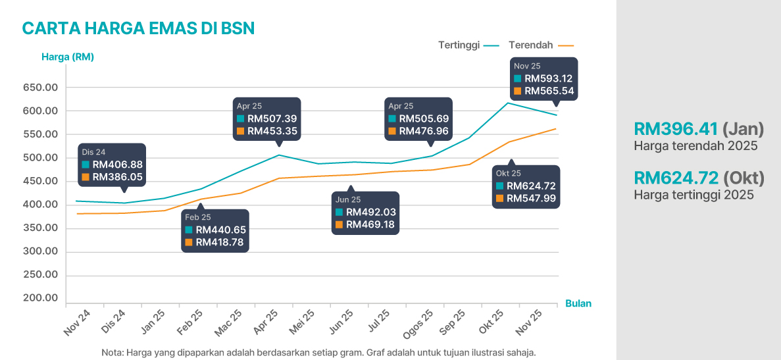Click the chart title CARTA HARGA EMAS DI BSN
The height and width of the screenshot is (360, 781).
coord(138,28)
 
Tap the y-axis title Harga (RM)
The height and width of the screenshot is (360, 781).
coord(67,57)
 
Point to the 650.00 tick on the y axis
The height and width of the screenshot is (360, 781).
coord(41,88)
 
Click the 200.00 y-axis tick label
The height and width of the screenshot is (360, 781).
coord(41,298)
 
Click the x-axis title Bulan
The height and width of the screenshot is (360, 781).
coord(578,303)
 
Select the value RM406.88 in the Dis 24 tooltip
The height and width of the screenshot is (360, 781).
coord(117,165)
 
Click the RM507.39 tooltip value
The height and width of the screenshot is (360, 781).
coord(272,118)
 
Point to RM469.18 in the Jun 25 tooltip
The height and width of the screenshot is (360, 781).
coord(370,224)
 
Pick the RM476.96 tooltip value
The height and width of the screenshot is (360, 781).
coord(424,131)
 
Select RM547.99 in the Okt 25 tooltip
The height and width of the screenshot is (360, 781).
coord(531,198)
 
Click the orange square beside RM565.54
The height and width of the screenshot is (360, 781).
coord(518,91)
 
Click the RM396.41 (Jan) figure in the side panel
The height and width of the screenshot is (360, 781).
coord(698,129)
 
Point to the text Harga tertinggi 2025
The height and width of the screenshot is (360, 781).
coord(693,195)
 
